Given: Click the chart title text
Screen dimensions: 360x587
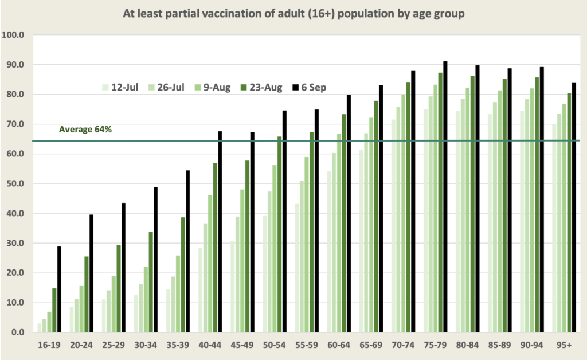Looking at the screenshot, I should coord(293,13).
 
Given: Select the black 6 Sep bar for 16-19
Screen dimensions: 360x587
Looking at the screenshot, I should coord(59,289).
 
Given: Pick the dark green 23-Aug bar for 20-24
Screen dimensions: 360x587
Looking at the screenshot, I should coord(87,294).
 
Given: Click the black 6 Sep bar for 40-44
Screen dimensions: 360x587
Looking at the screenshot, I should coord(220,232).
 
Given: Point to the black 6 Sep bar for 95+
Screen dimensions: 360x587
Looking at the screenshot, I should coord(573,207).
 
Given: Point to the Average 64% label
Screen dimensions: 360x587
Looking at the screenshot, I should coord(85,130).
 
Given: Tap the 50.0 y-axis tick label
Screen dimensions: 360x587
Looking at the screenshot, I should coord(14,183).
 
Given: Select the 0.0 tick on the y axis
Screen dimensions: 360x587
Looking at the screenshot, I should coord(17,332).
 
